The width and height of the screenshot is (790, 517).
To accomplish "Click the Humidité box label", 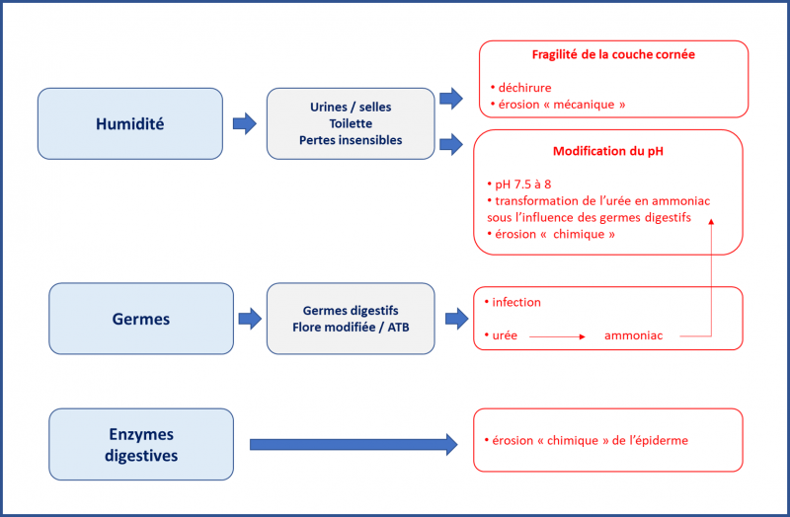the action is [x=130, y=124].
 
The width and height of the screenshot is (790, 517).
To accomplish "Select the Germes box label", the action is [x=141, y=319].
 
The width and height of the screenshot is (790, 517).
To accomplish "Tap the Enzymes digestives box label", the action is [x=141, y=445].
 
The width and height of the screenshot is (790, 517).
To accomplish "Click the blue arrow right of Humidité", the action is [x=245, y=124].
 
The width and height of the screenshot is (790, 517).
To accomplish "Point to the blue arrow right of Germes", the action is [x=250, y=319].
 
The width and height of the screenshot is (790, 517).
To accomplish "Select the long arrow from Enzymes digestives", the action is [x=354, y=445].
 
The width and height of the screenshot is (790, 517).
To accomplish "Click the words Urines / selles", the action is [x=351, y=107].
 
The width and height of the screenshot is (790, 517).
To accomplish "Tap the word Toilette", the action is [x=351, y=123].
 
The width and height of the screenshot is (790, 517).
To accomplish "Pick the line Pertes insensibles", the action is [x=351, y=140].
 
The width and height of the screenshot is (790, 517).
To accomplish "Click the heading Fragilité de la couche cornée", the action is [x=613, y=54].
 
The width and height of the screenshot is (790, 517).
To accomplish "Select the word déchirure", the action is [x=524, y=88].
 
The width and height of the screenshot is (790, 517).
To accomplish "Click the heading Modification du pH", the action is [x=608, y=151].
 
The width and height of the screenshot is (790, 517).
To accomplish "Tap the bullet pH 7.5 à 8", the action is [x=519, y=185].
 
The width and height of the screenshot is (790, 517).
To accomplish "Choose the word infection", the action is [x=516, y=302].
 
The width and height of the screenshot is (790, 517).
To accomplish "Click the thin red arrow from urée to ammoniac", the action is [x=557, y=336].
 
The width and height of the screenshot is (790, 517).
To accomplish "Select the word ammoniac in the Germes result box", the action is [x=633, y=335].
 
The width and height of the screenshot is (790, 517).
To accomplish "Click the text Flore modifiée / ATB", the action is [x=351, y=328].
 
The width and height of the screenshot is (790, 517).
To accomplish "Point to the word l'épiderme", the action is [x=659, y=440].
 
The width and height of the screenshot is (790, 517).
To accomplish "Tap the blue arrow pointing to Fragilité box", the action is [x=451, y=98].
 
